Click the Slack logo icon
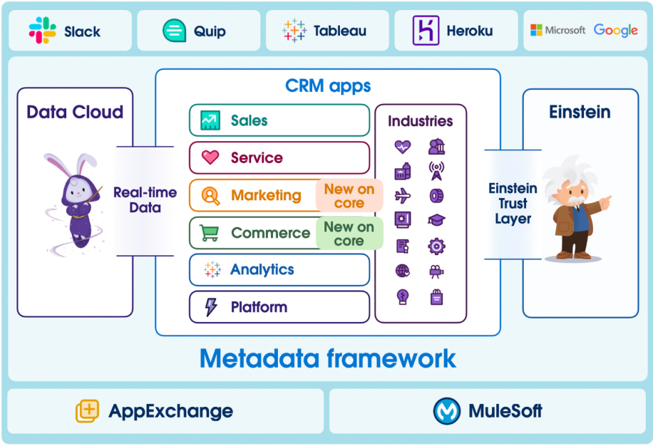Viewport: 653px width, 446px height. [43, 31]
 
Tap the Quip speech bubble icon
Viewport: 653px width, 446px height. [174, 31]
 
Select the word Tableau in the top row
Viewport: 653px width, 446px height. [339, 31]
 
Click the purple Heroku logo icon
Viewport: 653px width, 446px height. [426, 31]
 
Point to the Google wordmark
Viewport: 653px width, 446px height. [615, 31]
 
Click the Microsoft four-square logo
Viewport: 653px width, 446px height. [536, 31]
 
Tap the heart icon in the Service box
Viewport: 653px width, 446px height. [210, 157]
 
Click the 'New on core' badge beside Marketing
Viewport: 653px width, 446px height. [349, 196]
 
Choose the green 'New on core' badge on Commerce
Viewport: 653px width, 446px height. [349, 234]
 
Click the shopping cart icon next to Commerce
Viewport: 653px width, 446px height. [210, 233]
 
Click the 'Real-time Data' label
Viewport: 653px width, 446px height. [145, 200]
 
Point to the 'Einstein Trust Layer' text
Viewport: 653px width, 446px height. [513, 203]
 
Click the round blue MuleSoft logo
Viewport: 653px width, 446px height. [446, 411]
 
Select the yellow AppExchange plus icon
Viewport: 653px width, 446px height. [87, 411]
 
